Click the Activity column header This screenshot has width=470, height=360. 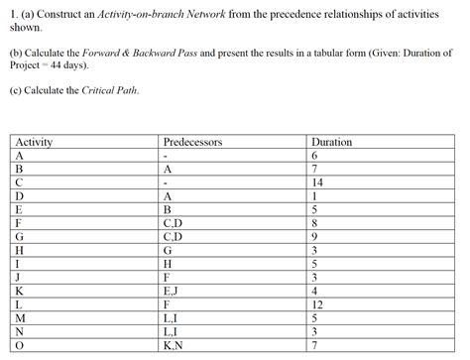[35, 142]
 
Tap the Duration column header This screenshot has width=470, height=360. [331, 142]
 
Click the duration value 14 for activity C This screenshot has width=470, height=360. [317, 183]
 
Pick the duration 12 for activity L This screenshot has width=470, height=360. [317, 305]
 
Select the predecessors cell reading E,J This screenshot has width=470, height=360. [170, 292]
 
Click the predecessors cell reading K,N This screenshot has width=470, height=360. [172, 346]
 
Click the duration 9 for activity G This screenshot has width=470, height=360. [314, 237]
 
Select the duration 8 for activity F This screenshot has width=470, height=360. [314, 224]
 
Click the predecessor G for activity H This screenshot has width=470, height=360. [168, 251]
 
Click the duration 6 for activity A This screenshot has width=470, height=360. [314, 156]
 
